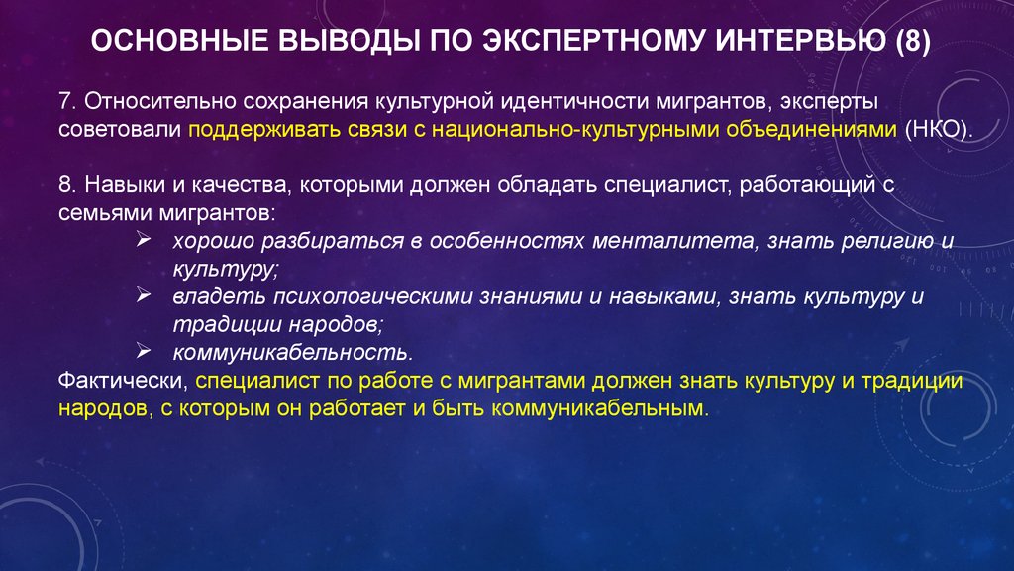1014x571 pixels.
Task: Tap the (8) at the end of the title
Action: click(x=913, y=41)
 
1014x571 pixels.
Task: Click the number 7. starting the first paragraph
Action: click(x=68, y=102)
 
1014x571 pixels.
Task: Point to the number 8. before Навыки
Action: click(x=68, y=185)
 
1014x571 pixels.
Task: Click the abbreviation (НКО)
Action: click(x=939, y=130)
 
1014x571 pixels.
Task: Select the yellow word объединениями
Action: click(x=812, y=130)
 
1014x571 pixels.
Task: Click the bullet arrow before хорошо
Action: click(x=144, y=240)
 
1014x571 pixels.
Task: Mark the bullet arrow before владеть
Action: click(x=144, y=295)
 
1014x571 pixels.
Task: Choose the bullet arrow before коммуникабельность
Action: click(x=144, y=352)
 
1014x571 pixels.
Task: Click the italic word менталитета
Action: click(x=673, y=242)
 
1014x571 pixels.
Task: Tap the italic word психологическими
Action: click(x=372, y=297)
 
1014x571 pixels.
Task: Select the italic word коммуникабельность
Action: click(x=292, y=353)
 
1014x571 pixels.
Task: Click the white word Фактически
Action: click(x=123, y=381)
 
